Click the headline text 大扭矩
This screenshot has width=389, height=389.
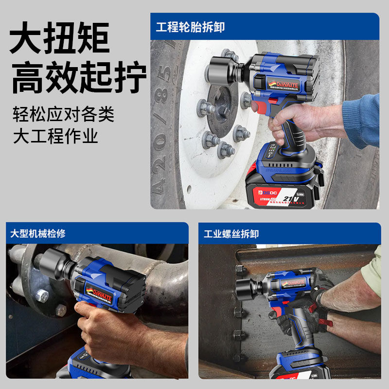pos(59,39)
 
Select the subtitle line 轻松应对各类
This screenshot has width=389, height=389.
pos(63,115)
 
